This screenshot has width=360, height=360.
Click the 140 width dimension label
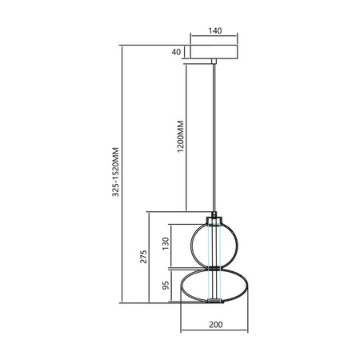tap(214, 31)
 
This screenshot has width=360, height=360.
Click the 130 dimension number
tap(166, 244)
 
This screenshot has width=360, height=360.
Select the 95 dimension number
tap(166, 286)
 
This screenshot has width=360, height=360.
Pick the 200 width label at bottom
tap(214, 325)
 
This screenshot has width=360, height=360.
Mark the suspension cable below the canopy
tap(214, 136)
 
